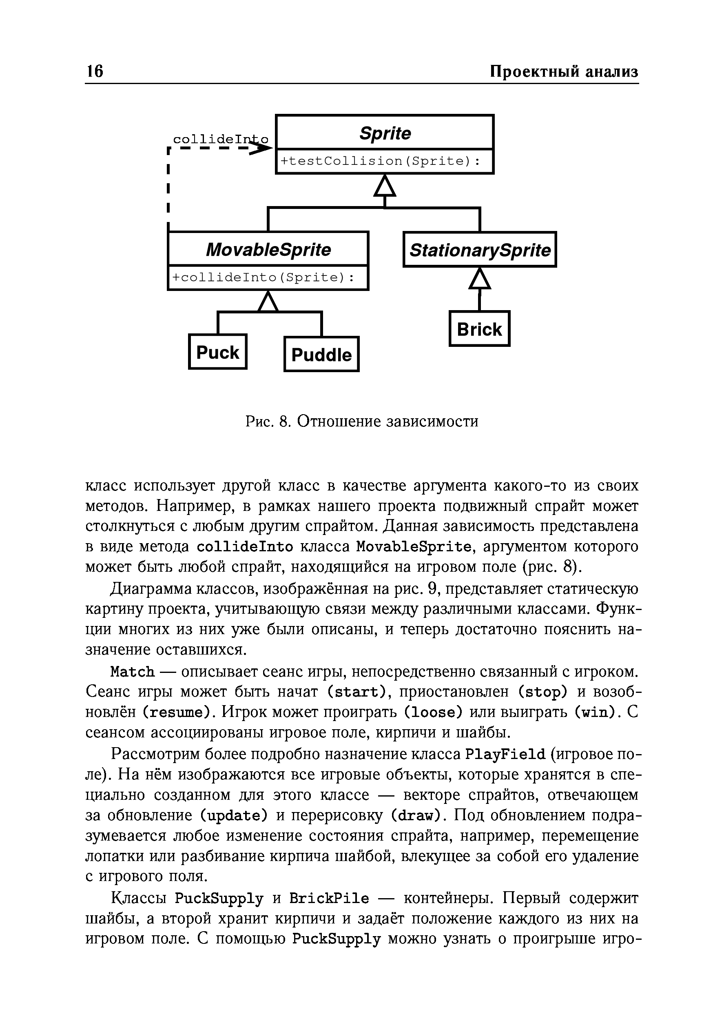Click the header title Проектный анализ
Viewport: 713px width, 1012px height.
tap(564, 72)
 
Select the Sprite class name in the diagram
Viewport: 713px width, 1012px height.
tap(385, 133)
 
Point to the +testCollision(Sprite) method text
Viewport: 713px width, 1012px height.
tap(380, 161)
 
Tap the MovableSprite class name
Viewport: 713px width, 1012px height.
tap(268, 250)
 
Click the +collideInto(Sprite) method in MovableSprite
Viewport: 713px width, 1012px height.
tap(263, 277)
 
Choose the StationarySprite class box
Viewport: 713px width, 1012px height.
tap(479, 250)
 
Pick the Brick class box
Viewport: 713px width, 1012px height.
tap(479, 329)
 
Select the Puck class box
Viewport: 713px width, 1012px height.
tap(218, 352)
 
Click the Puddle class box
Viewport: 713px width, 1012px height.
tap(321, 354)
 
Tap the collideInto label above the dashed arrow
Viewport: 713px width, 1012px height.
tap(220, 139)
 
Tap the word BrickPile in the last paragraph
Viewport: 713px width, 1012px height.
tap(329, 898)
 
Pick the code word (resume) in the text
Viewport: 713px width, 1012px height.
tap(179, 713)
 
